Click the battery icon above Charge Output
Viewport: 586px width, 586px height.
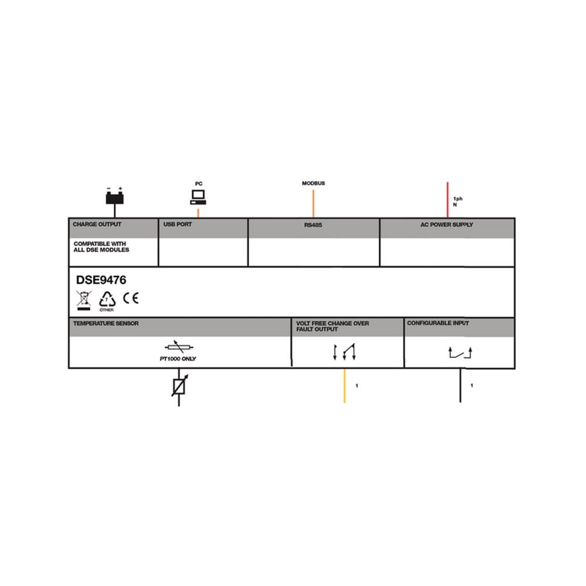pos(114,196)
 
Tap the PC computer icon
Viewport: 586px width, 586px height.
pos(198,197)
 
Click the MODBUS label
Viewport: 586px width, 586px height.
pos(313,183)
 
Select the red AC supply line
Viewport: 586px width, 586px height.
pos(447,200)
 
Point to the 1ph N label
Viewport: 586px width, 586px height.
pos(458,202)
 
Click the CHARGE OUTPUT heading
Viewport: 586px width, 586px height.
pos(97,224)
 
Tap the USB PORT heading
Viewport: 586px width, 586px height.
pos(178,224)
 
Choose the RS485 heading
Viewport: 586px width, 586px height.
pos(313,225)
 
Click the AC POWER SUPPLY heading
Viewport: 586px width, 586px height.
pos(447,224)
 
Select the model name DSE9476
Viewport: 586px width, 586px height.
pos(101,280)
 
